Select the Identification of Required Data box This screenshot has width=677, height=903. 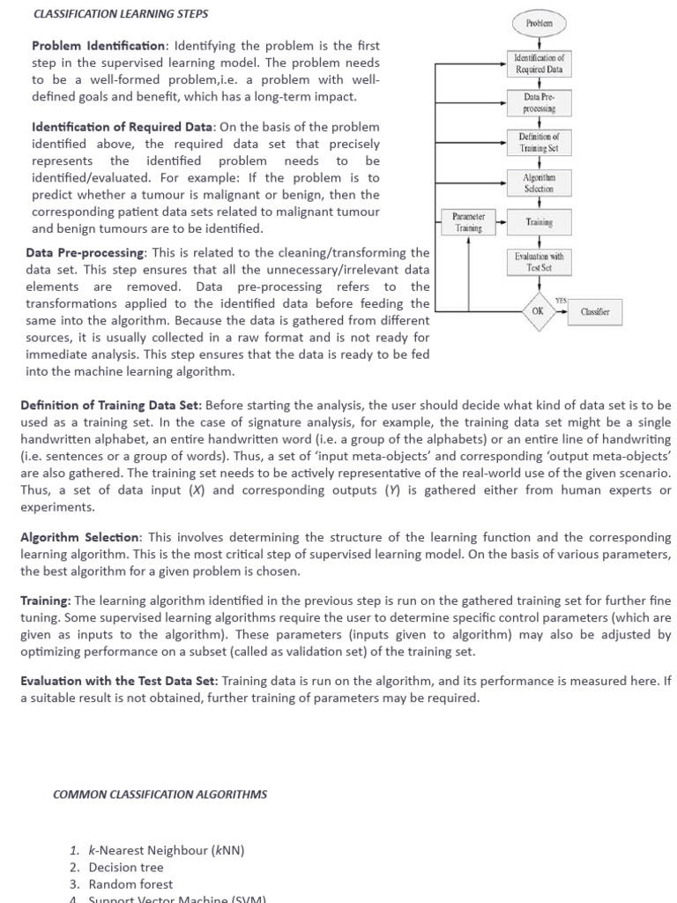(539, 63)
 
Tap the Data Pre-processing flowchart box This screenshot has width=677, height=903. (539, 103)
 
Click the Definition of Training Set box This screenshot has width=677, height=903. (539, 143)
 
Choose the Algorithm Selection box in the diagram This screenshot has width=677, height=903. (539, 183)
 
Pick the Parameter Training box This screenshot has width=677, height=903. (462, 222)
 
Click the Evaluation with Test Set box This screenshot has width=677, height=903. (539, 262)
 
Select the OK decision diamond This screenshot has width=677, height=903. (538, 311)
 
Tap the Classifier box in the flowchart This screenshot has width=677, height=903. (595, 312)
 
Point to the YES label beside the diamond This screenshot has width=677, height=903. (562, 301)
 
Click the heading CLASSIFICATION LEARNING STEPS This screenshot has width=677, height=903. (120, 15)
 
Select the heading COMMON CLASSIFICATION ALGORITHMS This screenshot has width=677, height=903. (160, 795)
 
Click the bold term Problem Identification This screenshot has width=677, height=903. (99, 46)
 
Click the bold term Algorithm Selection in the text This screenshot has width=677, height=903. (79, 537)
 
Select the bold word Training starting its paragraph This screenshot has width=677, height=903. (45, 601)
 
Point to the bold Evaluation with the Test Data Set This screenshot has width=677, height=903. (118, 681)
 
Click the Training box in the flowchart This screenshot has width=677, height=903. (539, 222)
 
